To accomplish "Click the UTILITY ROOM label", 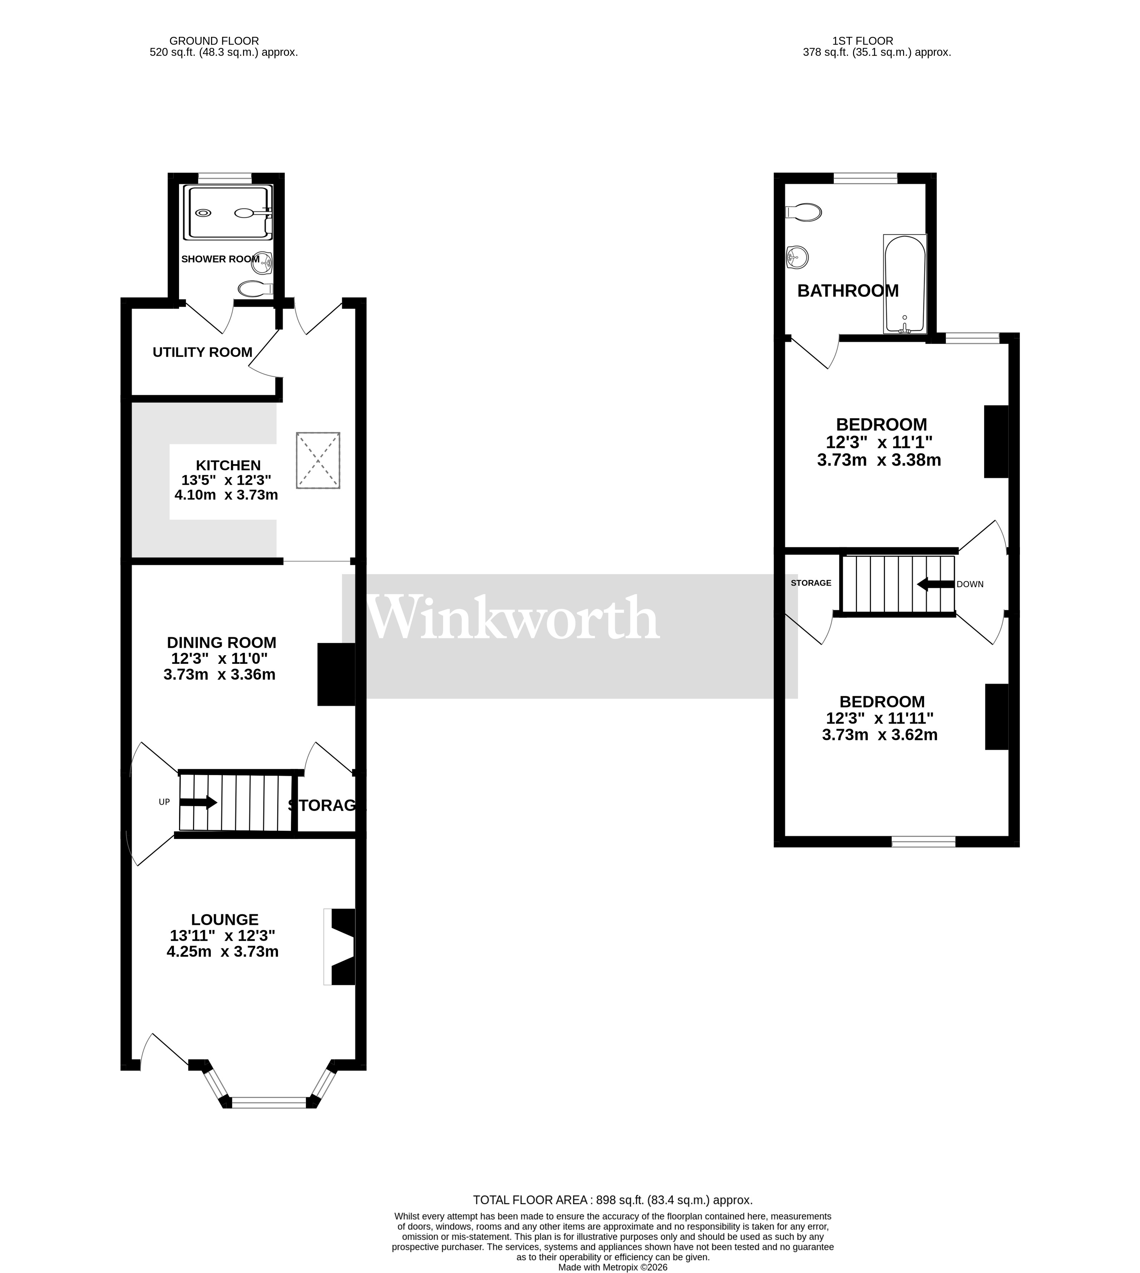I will [202, 353].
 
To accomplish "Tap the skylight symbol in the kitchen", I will [318, 460].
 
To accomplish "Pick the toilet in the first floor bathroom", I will [804, 212].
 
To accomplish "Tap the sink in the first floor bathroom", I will [797, 257].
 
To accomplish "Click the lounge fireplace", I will [340, 947].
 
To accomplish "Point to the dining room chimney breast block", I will [336, 675].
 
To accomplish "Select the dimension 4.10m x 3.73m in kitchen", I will [226, 495].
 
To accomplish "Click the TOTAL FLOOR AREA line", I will [612, 1200].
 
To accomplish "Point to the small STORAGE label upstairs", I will [811, 583].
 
